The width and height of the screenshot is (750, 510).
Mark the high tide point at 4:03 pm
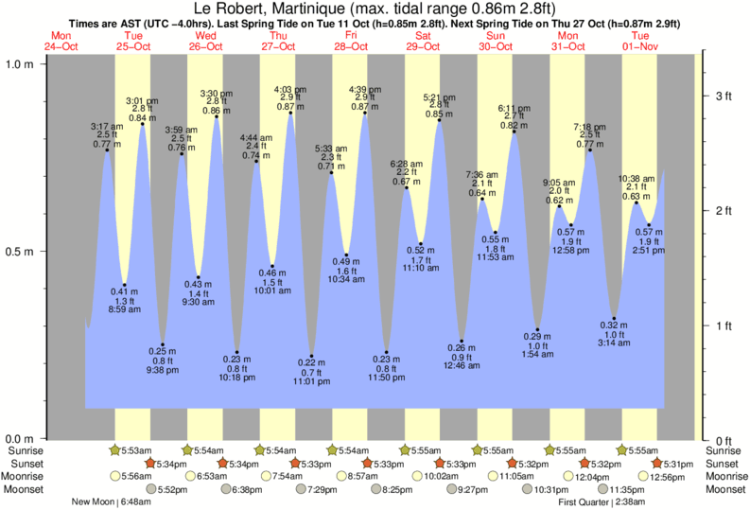(x=290, y=114)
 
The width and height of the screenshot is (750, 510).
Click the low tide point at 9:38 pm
(x=163, y=344)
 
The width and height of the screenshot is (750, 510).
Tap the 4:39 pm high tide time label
(x=364, y=89)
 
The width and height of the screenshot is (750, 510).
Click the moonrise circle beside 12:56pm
(x=644, y=476)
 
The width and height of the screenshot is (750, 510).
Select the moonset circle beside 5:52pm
(x=155, y=489)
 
